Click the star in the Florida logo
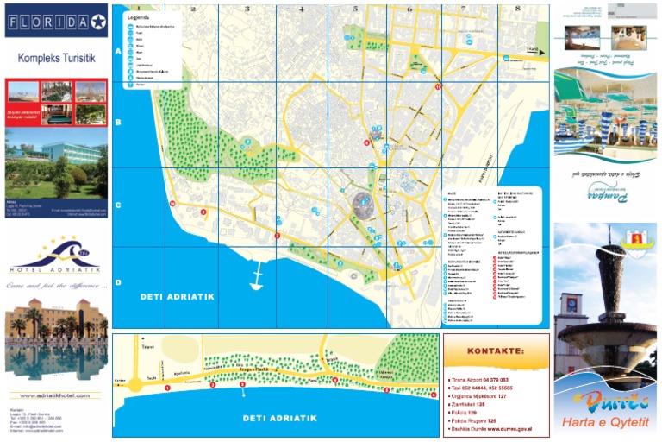click(97, 22)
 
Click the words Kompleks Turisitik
click(56, 60)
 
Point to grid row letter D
click(118, 281)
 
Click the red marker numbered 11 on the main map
click(438, 87)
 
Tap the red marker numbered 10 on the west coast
click(172, 204)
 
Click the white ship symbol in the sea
click(256, 280)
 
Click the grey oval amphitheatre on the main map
click(364, 205)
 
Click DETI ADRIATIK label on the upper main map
click(177, 297)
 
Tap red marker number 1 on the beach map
click(167, 388)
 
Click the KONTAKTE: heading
click(496, 351)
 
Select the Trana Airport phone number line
click(479, 379)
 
